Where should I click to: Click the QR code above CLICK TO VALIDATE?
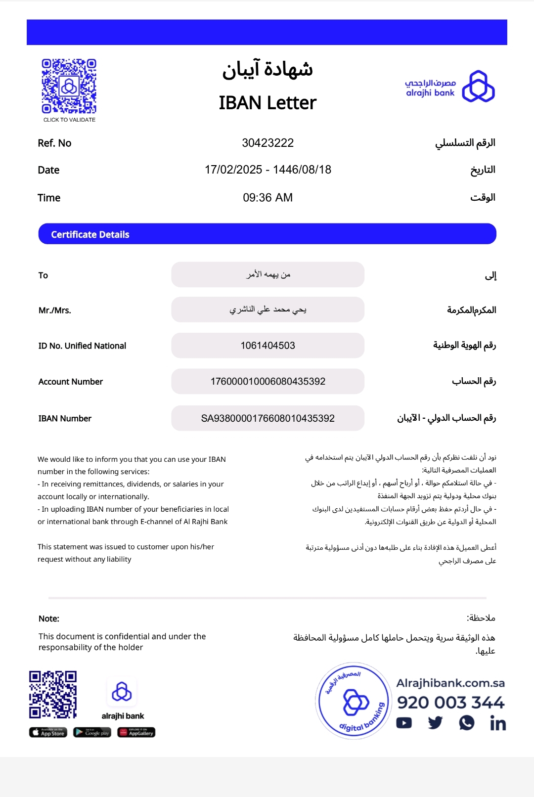(69, 86)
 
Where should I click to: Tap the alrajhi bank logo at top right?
(449, 87)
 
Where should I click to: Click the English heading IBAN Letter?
(267, 103)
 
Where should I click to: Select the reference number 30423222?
(267, 143)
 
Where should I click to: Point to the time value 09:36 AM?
(267, 198)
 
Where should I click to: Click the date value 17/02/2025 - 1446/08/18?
(267, 170)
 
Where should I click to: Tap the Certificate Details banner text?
(90, 234)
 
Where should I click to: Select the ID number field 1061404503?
(267, 346)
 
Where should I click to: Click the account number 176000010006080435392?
(267, 381)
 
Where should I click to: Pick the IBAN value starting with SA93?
(267, 418)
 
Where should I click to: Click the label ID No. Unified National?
(82, 346)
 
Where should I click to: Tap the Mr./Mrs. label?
(55, 310)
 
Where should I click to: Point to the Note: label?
(49, 619)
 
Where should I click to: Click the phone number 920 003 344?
(450, 702)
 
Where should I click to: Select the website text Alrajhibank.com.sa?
(450, 683)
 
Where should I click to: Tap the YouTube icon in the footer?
(404, 723)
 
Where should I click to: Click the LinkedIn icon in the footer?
(497, 723)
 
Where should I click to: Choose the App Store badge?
(48, 732)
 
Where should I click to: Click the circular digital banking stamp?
(354, 701)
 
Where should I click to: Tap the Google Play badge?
(92, 732)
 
